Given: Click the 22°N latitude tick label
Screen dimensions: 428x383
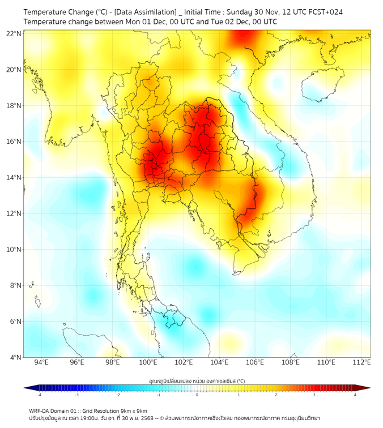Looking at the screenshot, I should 14,33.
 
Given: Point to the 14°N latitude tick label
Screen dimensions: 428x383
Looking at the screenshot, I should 14,177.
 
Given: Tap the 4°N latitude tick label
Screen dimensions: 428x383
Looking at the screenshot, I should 15,357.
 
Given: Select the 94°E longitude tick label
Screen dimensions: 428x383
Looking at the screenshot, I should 41,362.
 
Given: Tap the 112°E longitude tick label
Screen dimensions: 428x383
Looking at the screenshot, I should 361,362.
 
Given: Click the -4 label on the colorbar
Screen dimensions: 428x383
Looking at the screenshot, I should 39,394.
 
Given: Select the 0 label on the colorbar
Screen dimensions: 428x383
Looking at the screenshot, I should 197,394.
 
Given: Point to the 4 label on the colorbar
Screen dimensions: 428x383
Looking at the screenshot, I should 355,394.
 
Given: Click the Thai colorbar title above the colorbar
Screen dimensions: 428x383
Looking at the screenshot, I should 197,381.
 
